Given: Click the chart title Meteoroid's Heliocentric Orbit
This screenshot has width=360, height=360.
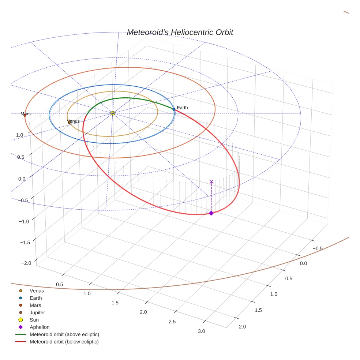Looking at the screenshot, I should tap(180, 32).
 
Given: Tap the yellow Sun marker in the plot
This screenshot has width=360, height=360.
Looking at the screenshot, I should tap(113, 113).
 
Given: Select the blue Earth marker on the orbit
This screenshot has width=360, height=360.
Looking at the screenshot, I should tap(174, 109).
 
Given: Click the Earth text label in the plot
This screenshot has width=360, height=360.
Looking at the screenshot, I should tap(182, 108).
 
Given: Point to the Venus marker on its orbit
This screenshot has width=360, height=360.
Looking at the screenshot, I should tap(69, 122).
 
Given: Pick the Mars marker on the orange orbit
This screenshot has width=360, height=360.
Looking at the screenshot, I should tap(25, 115).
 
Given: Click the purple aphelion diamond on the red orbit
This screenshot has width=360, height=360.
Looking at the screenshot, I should tap(211, 213).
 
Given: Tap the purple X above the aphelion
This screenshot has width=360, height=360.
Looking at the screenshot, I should tap(211, 181).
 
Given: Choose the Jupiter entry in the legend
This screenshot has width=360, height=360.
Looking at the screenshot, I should tap(37, 313).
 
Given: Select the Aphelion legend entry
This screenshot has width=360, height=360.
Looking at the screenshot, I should tap(39, 327).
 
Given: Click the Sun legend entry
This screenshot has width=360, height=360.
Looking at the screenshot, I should tap(34, 320).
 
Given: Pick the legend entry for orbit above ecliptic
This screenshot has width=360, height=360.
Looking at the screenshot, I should tap(64, 334).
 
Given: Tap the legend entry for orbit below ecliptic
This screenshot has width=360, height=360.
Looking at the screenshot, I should tap(64, 342).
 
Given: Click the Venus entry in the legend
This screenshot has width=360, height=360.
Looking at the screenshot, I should tap(37, 291).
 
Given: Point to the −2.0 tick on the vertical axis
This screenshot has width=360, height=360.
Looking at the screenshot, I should tap(26, 263).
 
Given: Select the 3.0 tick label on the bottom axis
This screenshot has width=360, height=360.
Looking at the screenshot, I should tap(201, 331).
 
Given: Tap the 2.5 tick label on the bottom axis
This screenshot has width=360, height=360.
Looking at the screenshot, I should tap(172, 322).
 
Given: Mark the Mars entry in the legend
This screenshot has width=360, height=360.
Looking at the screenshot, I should tap(35, 305).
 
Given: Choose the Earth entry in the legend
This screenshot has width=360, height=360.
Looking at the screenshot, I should tap(35, 298).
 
